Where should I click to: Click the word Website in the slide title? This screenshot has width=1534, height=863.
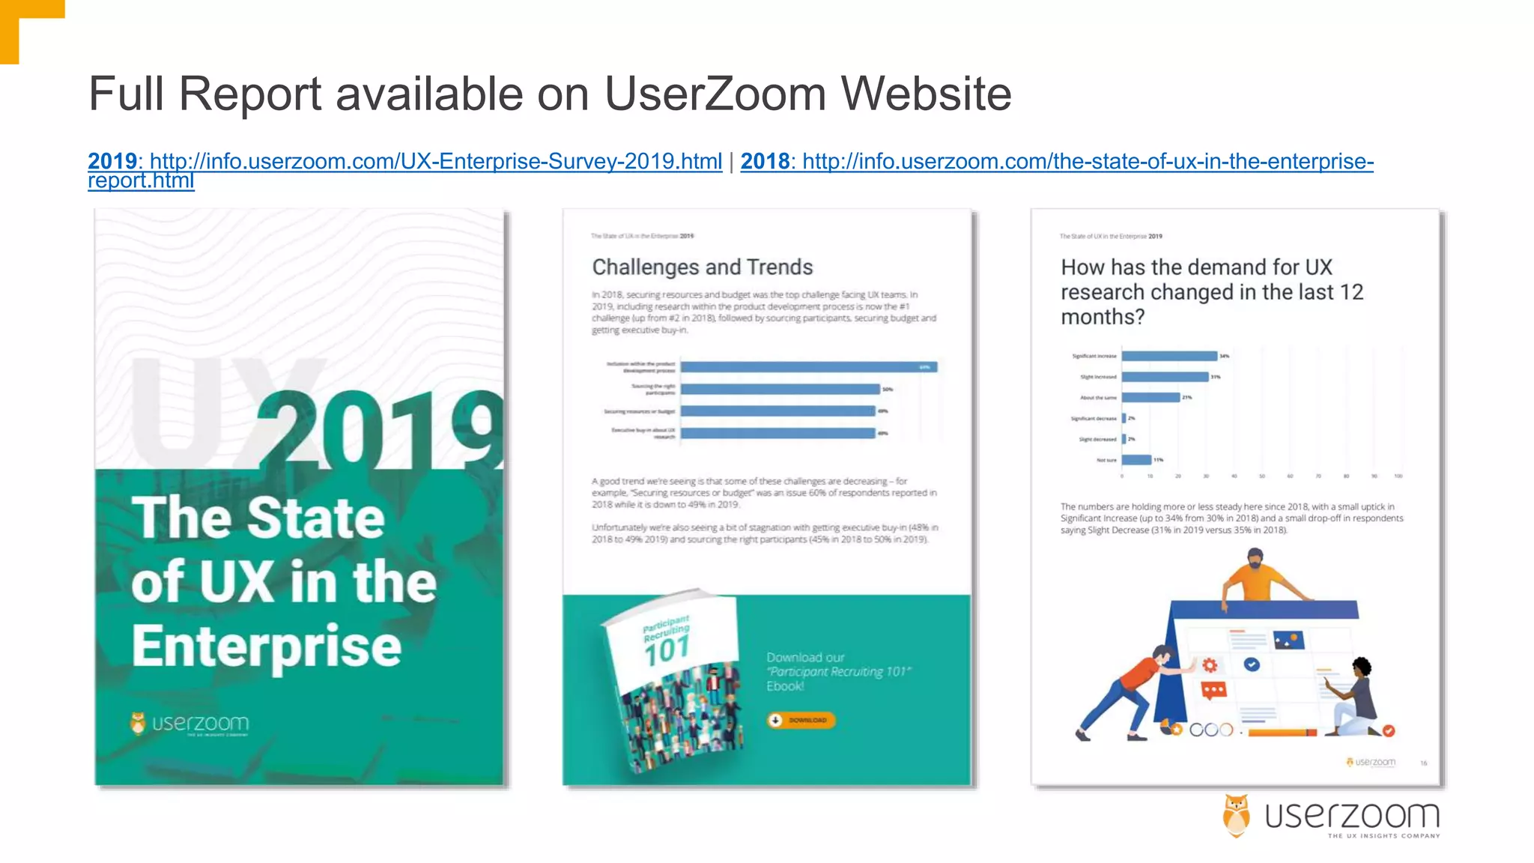pyautogui.click(x=926, y=94)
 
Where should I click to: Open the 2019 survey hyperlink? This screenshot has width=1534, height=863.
pyautogui.click(x=435, y=161)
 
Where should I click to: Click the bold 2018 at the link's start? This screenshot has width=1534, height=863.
pyautogui.click(x=765, y=161)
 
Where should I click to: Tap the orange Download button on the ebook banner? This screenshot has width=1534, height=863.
pyautogui.click(x=800, y=720)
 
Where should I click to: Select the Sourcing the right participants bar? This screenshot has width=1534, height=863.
pyautogui.click(x=780, y=390)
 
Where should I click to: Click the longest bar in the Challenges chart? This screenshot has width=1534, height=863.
pyautogui.click(x=808, y=367)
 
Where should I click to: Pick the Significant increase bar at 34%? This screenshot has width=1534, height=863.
pyautogui.click(x=1169, y=356)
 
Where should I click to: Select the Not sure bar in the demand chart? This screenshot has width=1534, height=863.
pyautogui.click(x=1136, y=460)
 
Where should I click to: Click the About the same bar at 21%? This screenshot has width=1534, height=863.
pyautogui.click(x=1150, y=397)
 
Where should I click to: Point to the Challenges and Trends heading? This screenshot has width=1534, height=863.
pyautogui.click(x=702, y=267)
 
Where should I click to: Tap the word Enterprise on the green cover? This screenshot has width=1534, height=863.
pyautogui.click(x=267, y=646)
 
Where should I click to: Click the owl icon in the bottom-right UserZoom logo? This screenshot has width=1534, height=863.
pyautogui.click(x=1236, y=815)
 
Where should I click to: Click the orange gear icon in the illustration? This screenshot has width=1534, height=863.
pyautogui.click(x=1210, y=664)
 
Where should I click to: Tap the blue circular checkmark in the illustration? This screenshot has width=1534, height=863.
pyautogui.click(x=1252, y=664)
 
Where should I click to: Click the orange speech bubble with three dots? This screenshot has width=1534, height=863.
pyautogui.click(x=1213, y=690)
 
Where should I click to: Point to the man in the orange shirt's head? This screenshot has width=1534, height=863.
pyautogui.click(x=1255, y=557)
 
